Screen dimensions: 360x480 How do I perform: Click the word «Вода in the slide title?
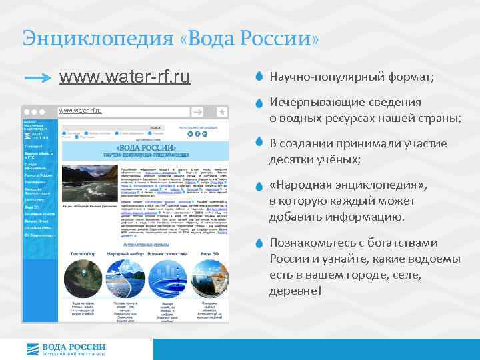tap(209, 37)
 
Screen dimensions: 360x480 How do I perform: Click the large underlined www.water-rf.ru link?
tap(125, 78)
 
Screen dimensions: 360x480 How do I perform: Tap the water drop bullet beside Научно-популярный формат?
tap(260, 78)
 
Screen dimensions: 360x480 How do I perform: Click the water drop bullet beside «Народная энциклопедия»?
tap(260, 187)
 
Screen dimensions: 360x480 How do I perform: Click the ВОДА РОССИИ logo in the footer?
tap(65, 349)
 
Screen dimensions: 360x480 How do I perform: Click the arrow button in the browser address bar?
tap(199, 112)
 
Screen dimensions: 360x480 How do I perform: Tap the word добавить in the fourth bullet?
tap(295, 217)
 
